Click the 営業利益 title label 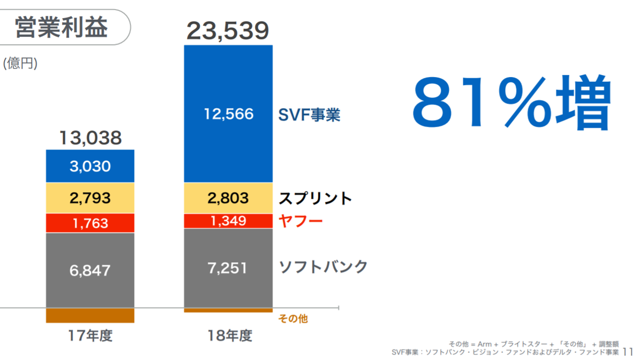(x=61, y=27)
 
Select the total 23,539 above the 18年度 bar (x=228, y=31)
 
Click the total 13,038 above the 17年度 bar (x=90, y=138)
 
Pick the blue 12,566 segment (x=228, y=114)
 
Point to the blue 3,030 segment (x=90, y=166)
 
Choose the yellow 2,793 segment (x=90, y=198)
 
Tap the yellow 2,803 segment (x=228, y=198)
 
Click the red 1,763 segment (x=90, y=223)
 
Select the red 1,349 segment (x=228, y=221)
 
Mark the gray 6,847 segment (x=90, y=270)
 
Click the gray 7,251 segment (x=228, y=268)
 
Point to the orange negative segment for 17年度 (x=90, y=315)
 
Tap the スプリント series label (x=315, y=198)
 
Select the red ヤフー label (x=301, y=221)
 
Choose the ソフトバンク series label (x=323, y=267)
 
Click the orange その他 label (x=293, y=319)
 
